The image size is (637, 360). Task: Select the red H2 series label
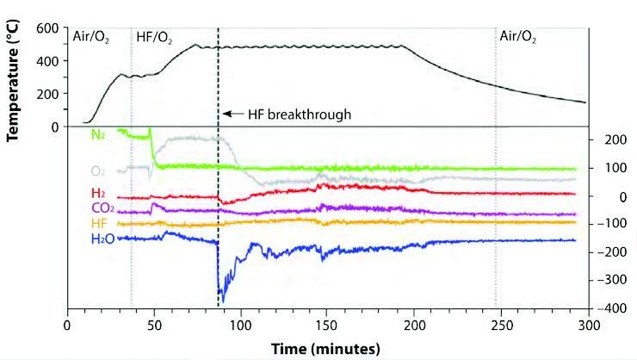100,193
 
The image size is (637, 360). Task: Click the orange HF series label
99,223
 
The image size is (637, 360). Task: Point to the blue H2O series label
102,239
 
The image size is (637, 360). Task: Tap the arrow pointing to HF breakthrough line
232,113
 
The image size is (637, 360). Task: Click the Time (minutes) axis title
325,349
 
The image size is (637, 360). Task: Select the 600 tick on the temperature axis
48,29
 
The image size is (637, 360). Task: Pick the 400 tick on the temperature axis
48,61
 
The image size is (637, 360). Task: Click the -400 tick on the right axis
609,307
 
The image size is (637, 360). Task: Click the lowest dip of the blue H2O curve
221,302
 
